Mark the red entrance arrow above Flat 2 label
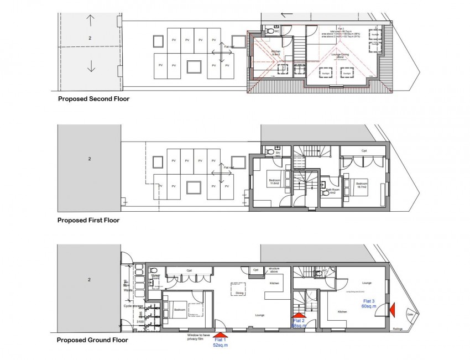click(x=299, y=315)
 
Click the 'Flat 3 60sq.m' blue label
click(x=369, y=303)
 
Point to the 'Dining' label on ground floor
click(x=239, y=294)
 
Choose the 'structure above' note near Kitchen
click(x=274, y=271)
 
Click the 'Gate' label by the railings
click(x=410, y=315)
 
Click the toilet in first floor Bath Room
click(x=326, y=193)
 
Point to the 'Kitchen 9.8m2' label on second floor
click(x=275, y=53)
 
